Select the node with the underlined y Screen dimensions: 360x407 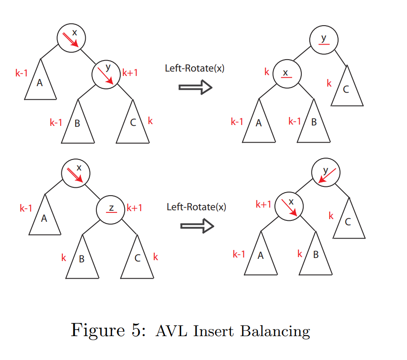click(x=324, y=40)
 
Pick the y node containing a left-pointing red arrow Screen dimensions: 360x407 click(x=326, y=174)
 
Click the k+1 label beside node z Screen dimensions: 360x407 click(x=134, y=207)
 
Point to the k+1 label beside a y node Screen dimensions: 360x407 click(x=130, y=72)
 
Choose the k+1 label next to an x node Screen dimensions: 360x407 click(x=263, y=204)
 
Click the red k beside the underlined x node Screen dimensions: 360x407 click(x=267, y=72)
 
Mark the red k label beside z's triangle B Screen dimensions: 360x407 click(x=64, y=258)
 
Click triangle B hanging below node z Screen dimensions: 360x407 click(x=82, y=261)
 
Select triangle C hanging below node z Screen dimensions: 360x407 click(x=137, y=261)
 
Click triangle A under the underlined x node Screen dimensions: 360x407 click(x=259, y=125)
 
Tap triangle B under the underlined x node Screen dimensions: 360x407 click(x=314, y=125)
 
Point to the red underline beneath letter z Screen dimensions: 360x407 click(x=111, y=213)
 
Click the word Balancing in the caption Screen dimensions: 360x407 click(x=275, y=331)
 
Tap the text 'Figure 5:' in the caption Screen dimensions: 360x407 click(x=108, y=330)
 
